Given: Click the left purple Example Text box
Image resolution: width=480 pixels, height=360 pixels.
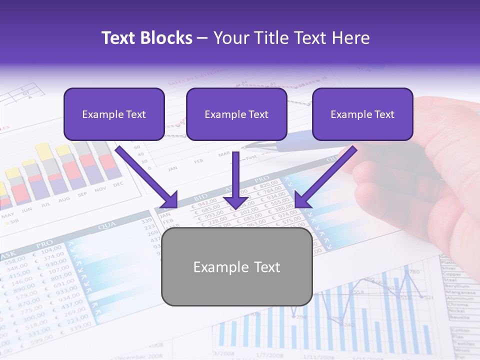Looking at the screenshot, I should click(114, 114).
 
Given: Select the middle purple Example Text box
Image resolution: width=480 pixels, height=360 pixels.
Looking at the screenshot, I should click(236, 114).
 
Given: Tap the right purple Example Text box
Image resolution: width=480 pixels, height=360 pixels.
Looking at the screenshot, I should click(362, 114).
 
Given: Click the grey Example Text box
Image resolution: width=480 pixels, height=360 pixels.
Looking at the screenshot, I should click(237, 267).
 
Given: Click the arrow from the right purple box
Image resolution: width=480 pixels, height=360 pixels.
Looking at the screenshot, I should click(325, 177).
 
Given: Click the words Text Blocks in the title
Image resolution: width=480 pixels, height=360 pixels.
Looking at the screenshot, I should click(146, 38).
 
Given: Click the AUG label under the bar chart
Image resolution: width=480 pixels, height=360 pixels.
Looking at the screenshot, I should click(64, 199).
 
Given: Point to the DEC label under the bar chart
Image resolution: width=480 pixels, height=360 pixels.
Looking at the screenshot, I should click(118, 184).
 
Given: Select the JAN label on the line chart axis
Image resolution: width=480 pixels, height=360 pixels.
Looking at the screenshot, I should click(172, 168).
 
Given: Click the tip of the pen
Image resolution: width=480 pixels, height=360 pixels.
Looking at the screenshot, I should click(243, 147).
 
